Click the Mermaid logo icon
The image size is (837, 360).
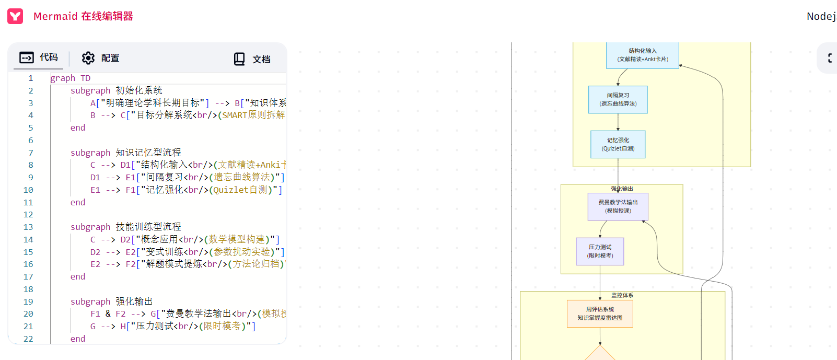coord(15,16)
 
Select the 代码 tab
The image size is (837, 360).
coord(39,57)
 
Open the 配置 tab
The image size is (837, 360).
coord(100,58)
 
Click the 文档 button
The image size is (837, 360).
coord(252,59)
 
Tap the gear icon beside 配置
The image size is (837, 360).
coord(88,58)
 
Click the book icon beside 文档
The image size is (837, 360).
coord(239,59)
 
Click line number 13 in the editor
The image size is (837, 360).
coord(28,227)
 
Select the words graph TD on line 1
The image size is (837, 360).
coord(70,78)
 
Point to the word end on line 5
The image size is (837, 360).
coord(78,127)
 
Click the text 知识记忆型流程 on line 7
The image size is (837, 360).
coord(148,153)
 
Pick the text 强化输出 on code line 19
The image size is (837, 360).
coord(134,301)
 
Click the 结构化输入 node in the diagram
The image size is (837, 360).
coord(643,55)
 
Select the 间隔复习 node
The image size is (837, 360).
coord(618,99)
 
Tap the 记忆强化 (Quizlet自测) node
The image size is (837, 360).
coord(618,144)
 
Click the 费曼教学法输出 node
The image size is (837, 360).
coord(618,206)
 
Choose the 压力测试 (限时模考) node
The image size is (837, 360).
coord(600,251)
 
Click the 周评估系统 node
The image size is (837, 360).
coord(600,313)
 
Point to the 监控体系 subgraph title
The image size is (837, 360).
coord(622,295)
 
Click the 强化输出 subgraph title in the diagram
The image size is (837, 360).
coord(622,189)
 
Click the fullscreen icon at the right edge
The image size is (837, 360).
coord(830,58)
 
